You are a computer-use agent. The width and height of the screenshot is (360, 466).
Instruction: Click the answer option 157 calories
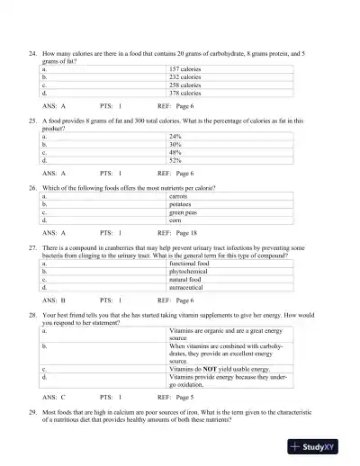pyautogui.click(x=184, y=68)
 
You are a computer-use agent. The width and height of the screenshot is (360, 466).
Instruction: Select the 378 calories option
pyautogui.click(x=184, y=93)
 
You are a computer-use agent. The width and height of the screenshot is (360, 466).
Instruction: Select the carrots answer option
pyautogui.click(x=181, y=195)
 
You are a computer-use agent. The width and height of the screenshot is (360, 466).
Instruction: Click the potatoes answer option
pyautogui.click(x=182, y=203)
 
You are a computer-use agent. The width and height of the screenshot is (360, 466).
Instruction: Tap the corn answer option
pyautogui.click(x=176, y=220)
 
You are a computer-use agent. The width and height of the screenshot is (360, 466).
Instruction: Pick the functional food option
pyautogui.click(x=189, y=263)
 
